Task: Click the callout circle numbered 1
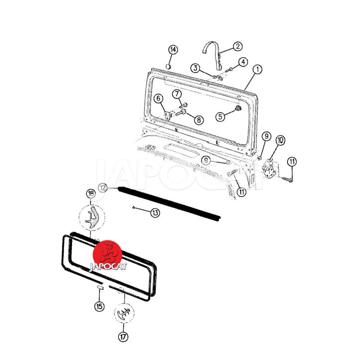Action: (257, 69)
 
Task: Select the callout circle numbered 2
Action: (238, 46)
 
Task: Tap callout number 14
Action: (173, 49)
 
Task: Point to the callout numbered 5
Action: (220, 117)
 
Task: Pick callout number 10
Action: (280, 140)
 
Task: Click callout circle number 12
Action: (103, 188)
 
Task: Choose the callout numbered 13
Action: (155, 213)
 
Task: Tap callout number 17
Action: (123, 337)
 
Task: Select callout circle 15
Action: (99, 306)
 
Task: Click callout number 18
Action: (91, 193)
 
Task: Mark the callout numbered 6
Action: (158, 99)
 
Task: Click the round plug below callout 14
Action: (168, 67)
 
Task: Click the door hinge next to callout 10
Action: (270, 168)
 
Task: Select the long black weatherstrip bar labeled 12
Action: (170, 202)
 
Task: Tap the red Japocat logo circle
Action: (107, 255)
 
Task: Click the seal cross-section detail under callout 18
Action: (92, 217)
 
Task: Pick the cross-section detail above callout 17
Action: (124, 313)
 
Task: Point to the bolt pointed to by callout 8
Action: (181, 112)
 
